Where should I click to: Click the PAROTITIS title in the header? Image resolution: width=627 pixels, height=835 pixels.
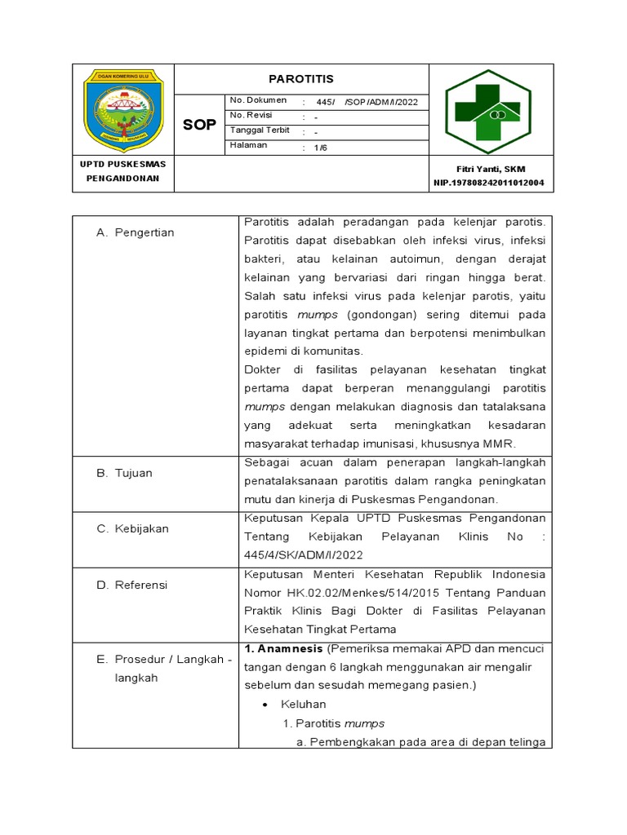(301, 79)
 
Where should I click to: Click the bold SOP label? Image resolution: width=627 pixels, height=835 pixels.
(200, 124)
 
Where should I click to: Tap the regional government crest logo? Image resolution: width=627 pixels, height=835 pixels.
(124, 110)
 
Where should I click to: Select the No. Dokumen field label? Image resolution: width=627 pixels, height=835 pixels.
(258, 100)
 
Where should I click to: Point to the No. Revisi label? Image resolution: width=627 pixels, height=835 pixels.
(251, 116)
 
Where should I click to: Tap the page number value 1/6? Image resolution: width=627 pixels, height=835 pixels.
(314, 148)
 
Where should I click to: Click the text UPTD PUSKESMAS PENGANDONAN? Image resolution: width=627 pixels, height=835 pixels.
(123, 171)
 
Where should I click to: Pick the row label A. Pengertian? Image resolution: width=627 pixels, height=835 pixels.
(136, 233)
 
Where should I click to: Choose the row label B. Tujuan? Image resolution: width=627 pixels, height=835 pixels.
(125, 474)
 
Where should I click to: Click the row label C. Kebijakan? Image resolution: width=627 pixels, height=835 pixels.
(133, 529)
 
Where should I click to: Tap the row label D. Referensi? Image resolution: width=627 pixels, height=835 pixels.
(132, 585)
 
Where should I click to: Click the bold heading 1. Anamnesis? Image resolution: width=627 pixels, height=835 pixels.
(283, 648)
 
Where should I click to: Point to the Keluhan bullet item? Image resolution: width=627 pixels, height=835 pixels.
(303, 705)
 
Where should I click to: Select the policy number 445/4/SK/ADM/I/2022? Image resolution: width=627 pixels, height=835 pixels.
(303, 555)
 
